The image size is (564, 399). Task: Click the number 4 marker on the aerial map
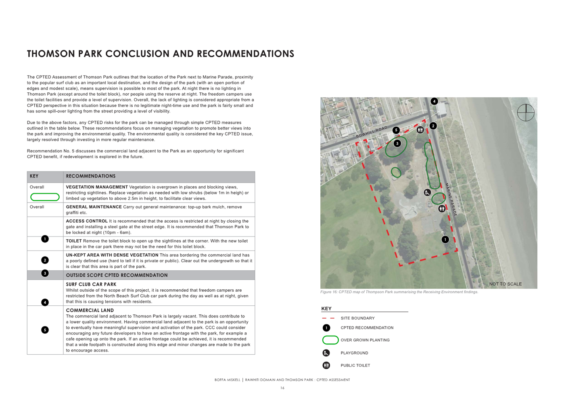434,101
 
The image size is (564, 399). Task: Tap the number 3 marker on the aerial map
397,143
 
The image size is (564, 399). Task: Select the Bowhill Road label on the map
372,132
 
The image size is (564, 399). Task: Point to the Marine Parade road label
451,199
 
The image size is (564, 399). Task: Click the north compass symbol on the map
526,113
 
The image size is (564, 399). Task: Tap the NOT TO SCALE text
505,284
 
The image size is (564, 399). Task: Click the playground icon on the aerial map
427,192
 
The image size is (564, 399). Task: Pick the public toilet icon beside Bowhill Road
420,130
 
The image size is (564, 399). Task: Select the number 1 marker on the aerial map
445,240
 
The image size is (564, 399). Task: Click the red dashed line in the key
328,318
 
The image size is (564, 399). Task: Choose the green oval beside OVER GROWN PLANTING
330,340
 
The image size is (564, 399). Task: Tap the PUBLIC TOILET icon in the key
326,366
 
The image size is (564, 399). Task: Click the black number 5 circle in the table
45,330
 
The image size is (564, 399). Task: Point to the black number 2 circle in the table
45,260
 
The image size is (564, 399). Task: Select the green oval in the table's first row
45,197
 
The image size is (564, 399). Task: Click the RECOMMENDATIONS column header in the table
91,176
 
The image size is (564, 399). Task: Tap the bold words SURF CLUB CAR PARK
91,284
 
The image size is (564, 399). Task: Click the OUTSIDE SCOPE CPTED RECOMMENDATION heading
117,275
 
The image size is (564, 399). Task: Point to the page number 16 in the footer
282,388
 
